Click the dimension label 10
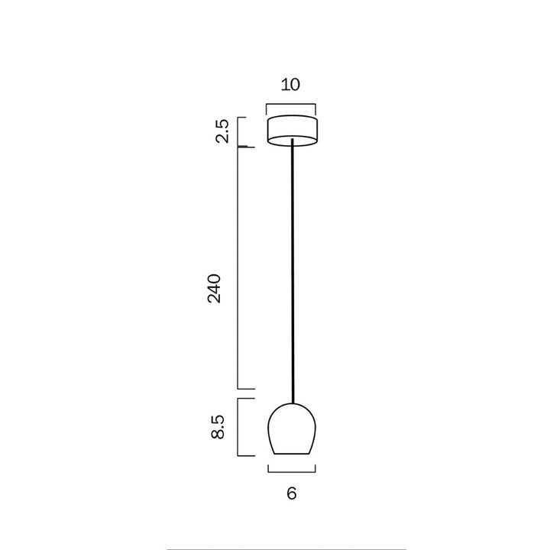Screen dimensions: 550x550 click(x=290, y=85)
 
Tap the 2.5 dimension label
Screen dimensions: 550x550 click(x=222, y=131)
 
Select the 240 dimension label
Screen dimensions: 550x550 click(x=214, y=288)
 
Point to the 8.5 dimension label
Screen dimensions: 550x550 click(x=218, y=427)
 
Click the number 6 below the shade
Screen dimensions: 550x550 click(x=292, y=493)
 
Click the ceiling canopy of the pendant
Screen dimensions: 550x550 click(x=292, y=131)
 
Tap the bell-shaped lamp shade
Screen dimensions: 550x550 click(x=292, y=429)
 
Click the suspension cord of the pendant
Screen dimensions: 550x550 click(x=293, y=270)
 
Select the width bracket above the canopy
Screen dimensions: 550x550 click(x=291, y=104)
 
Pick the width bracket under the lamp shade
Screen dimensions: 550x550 click(x=292, y=472)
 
